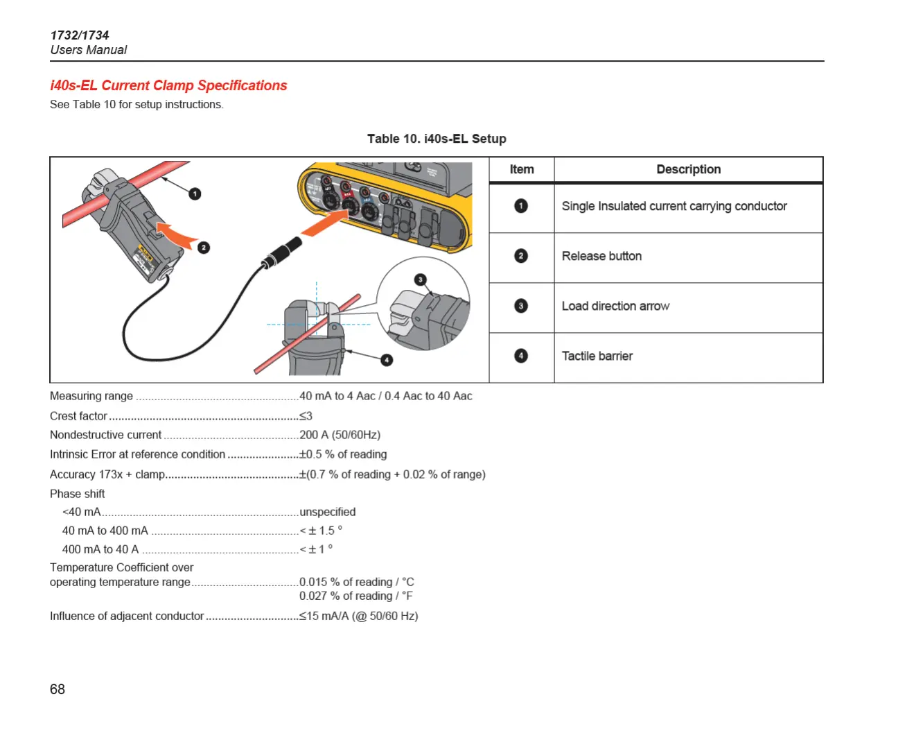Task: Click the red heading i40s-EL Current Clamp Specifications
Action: click(x=168, y=85)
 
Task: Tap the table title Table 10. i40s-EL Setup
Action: click(x=437, y=139)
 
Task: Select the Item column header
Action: click(x=522, y=169)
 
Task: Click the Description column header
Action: click(x=688, y=169)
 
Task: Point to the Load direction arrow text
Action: click(x=615, y=306)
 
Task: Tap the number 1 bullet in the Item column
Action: click(x=521, y=206)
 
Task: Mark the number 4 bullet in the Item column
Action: click(x=521, y=356)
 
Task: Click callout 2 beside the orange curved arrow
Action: click(x=204, y=248)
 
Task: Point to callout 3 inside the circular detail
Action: click(x=421, y=279)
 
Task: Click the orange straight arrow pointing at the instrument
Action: click(x=326, y=223)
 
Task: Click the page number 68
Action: click(x=58, y=689)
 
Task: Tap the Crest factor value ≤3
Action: click(x=306, y=416)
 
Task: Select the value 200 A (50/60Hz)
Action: click(x=340, y=435)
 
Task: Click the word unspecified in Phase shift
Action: click(x=327, y=512)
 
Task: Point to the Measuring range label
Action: click(x=91, y=396)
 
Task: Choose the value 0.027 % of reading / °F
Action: click(x=355, y=596)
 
